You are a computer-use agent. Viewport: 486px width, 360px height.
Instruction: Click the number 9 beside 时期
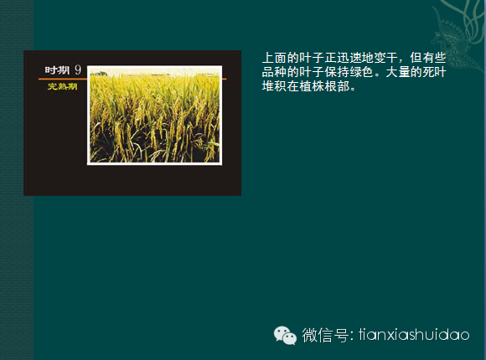(x=78, y=70)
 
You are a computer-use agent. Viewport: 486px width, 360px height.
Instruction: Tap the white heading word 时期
(x=57, y=70)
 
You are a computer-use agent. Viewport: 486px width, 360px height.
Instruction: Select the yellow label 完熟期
(x=62, y=86)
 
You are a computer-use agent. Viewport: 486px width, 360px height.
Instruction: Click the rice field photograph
(x=154, y=115)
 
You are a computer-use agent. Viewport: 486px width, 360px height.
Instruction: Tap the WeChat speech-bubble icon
(x=285, y=335)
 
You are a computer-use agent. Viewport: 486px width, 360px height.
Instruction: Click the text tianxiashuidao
(x=414, y=335)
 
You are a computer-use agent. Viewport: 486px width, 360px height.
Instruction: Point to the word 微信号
(x=325, y=335)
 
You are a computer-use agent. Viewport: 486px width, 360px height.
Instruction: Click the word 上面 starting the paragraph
(x=274, y=58)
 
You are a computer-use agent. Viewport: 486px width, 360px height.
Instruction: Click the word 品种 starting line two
(x=274, y=72)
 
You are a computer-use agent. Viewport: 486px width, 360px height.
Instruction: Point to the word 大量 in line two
(x=398, y=72)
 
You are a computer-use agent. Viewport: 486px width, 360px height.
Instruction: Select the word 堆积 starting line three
(x=274, y=86)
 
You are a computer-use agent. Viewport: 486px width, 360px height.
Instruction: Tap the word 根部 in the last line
(x=337, y=86)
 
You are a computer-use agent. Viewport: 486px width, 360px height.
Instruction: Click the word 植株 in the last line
(x=312, y=86)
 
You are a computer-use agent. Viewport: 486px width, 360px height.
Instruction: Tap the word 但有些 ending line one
(x=428, y=58)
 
